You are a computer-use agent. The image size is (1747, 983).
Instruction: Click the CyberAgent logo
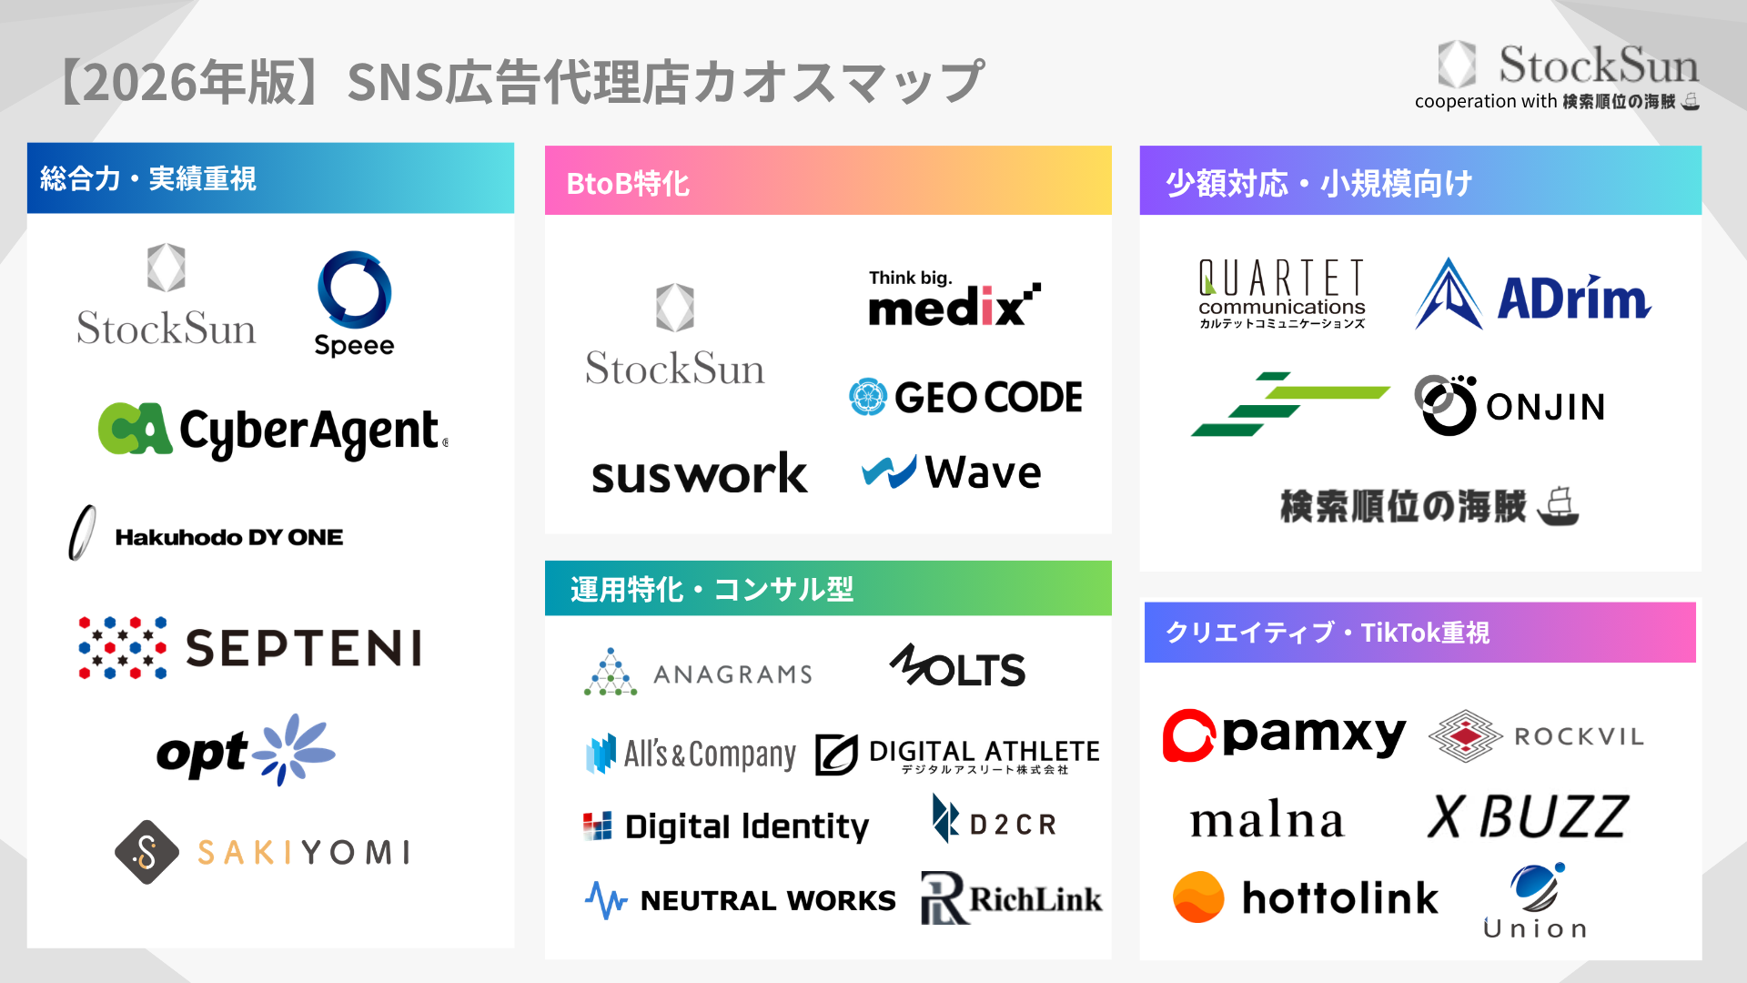[x=273, y=431]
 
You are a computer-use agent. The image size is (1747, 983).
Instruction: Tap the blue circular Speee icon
[x=354, y=289]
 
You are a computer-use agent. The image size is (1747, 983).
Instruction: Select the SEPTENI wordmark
[x=304, y=649]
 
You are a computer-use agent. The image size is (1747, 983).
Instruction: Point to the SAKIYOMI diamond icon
[x=146, y=852]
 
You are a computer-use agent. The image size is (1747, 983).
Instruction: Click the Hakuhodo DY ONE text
[x=228, y=537]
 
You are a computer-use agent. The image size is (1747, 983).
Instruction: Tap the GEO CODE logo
[x=965, y=397]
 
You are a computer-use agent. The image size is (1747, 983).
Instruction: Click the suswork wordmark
[x=699, y=473]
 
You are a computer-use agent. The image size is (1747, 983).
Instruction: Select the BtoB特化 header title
[x=628, y=183]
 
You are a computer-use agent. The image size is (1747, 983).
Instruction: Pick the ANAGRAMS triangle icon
[x=611, y=674]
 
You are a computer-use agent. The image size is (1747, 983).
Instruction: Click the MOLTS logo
[x=957, y=667]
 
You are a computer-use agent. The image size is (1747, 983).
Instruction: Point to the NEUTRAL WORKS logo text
[x=768, y=900]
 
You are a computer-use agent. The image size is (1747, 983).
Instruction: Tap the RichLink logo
[x=1011, y=898]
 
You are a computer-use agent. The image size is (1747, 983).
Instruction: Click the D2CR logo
[x=995, y=821]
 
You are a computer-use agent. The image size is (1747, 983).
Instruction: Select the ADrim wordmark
[x=1573, y=299]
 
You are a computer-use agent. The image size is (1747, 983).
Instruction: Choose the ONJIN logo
[x=1510, y=406]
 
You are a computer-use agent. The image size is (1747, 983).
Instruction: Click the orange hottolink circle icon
[x=1198, y=897]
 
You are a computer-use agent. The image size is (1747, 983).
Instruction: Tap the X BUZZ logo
[x=1528, y=816]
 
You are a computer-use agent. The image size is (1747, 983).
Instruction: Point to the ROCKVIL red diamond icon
[x=1465, y=735]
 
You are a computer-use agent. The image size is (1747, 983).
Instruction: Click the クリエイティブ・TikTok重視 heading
[x=1328, y=633]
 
